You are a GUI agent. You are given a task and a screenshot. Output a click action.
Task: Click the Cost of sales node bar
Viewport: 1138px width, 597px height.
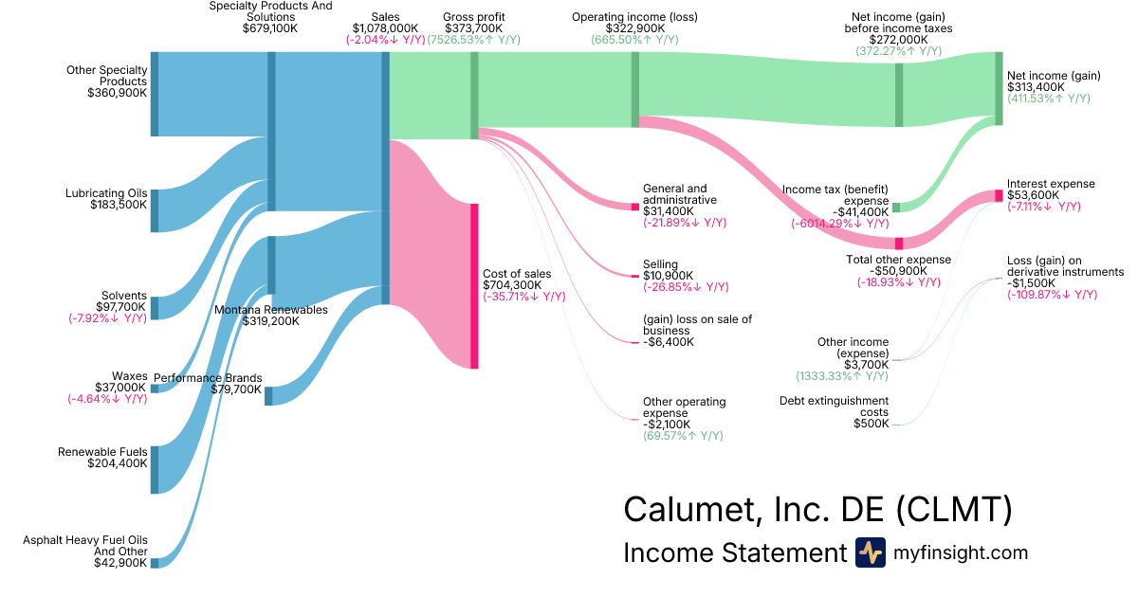click(x=474, y=285)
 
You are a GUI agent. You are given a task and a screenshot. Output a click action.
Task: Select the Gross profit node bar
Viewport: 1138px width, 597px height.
click(x=474, y=96)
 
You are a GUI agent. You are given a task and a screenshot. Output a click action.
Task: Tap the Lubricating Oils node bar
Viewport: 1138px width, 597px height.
click(x=155, y=210)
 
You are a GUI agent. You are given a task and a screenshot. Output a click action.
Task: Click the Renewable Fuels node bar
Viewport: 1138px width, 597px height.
click(x=155, y=469)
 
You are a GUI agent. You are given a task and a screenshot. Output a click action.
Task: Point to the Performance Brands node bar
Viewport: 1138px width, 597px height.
click(x=268, y=396)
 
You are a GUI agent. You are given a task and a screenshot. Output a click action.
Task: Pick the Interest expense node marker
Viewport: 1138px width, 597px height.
click(x=999, y=195)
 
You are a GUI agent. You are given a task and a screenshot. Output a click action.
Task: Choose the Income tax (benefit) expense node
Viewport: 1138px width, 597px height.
click(x=896, y=207)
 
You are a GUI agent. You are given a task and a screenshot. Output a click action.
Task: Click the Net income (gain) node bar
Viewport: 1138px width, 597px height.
click(x=999, y=88)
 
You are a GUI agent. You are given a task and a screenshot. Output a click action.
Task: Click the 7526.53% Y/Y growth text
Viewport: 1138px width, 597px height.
click(x=473, y=40)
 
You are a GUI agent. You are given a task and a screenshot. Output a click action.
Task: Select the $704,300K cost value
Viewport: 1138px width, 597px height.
click(x=512, y=284)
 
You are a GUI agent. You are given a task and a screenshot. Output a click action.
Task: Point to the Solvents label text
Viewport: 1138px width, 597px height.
click(x=123, y=295)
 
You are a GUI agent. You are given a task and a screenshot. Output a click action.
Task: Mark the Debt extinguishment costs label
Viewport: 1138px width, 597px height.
click(x=834, y=407)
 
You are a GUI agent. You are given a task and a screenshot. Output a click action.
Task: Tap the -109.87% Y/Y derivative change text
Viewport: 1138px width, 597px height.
click(x=1052, y=295)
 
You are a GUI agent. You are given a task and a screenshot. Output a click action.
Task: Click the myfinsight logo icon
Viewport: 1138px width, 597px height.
click(x=870, y=552)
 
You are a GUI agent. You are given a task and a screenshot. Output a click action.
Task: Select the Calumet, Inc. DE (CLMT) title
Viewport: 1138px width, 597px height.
click(x=817, y=509)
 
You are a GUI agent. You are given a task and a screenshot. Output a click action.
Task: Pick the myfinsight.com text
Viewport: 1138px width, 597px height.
click(x=960, y=552)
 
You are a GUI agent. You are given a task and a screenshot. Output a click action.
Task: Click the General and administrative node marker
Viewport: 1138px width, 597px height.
click(x=635, y=206)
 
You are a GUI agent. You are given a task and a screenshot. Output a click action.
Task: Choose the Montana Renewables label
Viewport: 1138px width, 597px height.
click(x=270, y=309)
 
